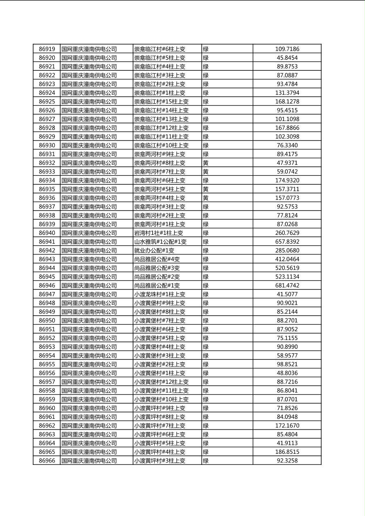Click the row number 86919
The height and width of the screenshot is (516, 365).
tap(47, 49)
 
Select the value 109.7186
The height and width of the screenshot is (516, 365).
tap(287, 49)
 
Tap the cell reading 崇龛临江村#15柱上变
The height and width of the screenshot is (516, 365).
tap(161, 101)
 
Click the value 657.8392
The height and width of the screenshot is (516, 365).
tap(287, 242)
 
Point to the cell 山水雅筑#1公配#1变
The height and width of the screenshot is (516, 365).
tap(160, 242)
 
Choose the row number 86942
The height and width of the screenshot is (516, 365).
tap(47, 251)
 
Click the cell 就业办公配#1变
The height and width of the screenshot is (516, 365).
tap(154, 251)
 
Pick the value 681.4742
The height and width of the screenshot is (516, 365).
tap(287, 285)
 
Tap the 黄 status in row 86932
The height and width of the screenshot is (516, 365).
tap(206, 163)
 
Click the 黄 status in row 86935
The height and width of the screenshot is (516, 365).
tap(206, 189)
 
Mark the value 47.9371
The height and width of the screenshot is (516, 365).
tap(287, 163)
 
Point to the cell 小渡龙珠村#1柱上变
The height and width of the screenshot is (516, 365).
tap(160, 294)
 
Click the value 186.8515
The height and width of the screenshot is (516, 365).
tap(287, 452)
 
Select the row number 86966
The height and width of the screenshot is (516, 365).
tap(47, 461)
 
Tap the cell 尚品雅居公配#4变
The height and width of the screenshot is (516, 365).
tap(157, 259)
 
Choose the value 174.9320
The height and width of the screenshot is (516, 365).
tap(287, 180)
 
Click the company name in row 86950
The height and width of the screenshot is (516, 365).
tap(89, 321)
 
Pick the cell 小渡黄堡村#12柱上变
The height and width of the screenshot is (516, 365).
tap(161, 382)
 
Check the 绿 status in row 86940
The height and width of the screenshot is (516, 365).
tap(206, 233)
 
